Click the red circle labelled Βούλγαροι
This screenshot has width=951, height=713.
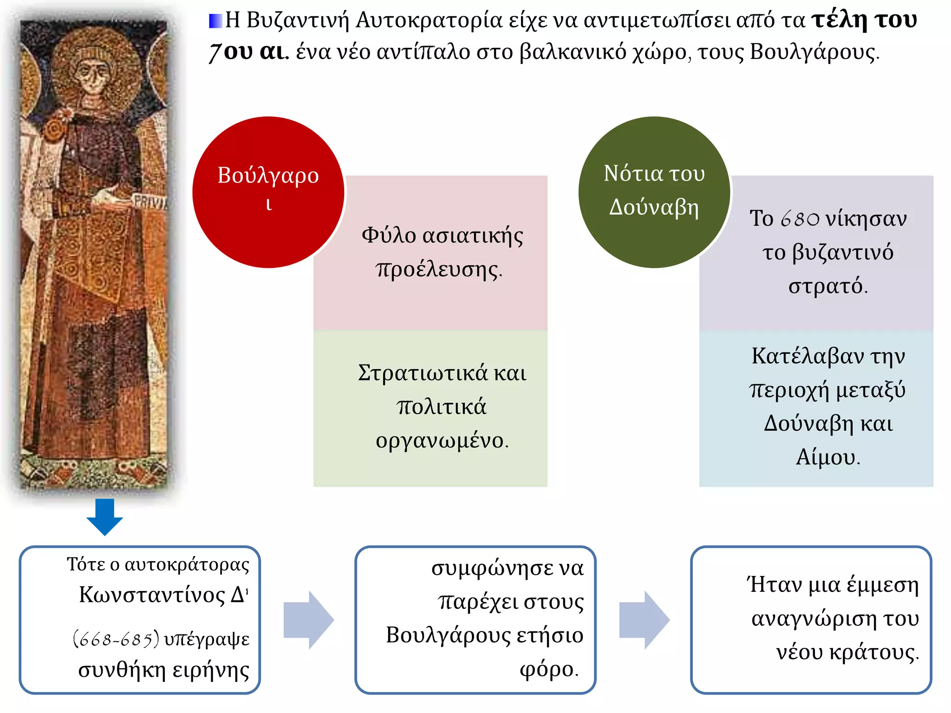pos(268,192)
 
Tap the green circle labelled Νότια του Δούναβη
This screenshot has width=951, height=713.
pos(654,192)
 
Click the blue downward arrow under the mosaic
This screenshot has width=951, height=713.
pos(105,516)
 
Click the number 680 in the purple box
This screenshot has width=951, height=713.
pos(800,219)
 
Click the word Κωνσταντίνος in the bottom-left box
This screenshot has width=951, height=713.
pos(152,595)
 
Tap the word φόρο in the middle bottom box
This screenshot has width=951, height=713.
pos(548,669)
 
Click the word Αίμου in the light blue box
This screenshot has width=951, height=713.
pos(827,457)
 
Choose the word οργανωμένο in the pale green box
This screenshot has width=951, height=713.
pos(442,441)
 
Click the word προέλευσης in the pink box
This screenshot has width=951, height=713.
pos(439,269)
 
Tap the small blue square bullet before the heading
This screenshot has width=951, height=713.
pos(215,21)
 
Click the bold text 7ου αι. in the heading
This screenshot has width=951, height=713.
pos(249,52)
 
